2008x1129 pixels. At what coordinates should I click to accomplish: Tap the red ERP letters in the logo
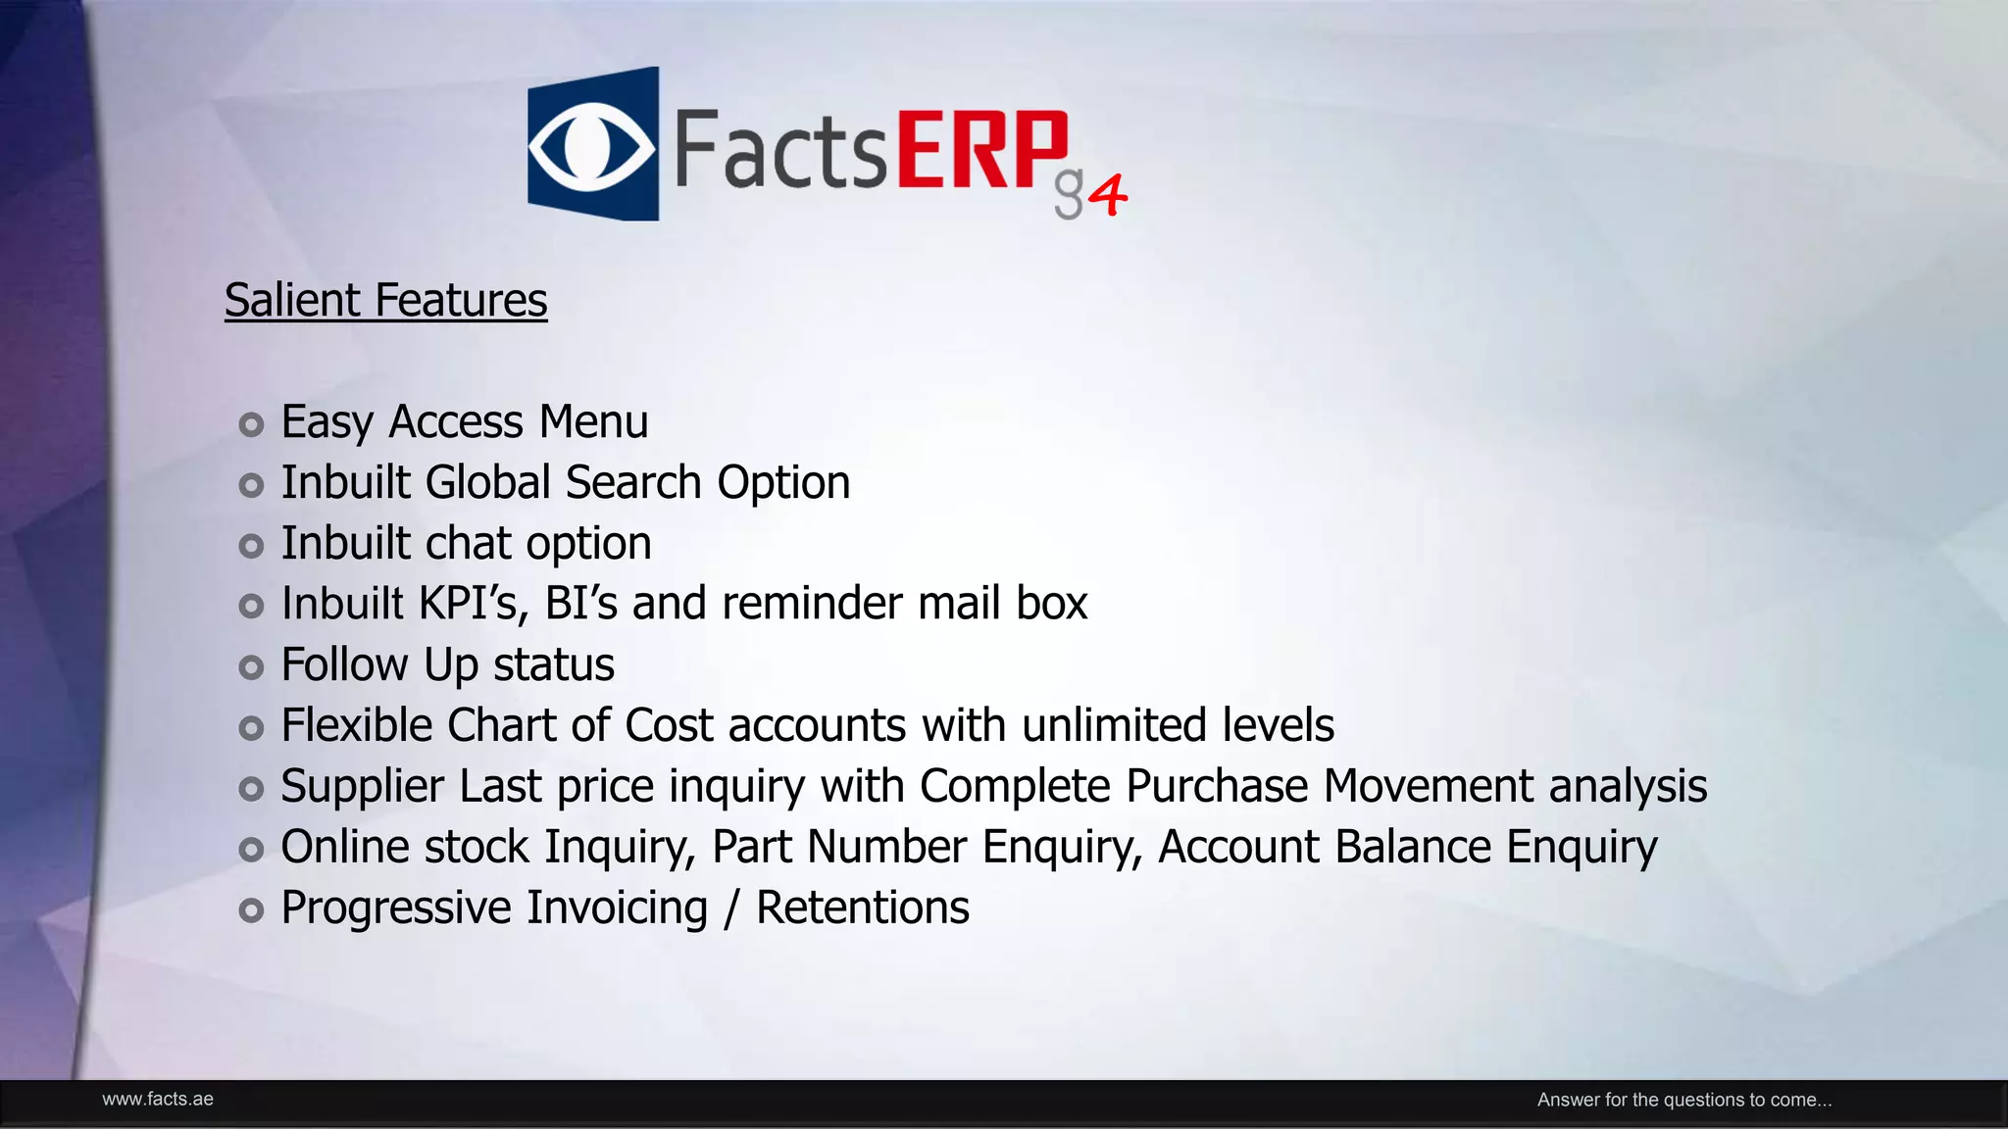[981, 150]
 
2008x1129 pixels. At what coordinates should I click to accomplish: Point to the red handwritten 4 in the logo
[1108, 194]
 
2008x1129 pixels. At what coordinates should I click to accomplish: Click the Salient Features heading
[385, 300]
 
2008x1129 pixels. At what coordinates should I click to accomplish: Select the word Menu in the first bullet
[593, 422]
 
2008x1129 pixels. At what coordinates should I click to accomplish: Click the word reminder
[812, 604]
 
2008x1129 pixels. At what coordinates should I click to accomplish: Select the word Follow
[344, 665]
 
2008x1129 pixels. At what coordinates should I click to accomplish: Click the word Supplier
[362, 787]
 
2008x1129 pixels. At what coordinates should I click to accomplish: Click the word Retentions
[862, 908]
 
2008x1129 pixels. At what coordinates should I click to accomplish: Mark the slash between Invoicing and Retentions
[730, 908]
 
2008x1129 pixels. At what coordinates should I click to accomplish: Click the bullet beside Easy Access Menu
[252, 424]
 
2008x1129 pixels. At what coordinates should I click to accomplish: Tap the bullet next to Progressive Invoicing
[252, 910]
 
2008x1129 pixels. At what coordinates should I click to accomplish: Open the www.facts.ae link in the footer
[158, 1100]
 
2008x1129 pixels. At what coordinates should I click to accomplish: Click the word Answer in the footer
[1568, 1100]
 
